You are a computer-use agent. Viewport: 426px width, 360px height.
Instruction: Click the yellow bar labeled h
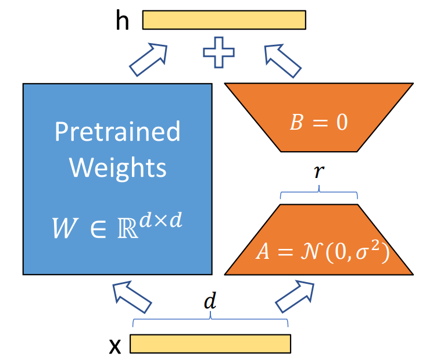[x=224, y=20]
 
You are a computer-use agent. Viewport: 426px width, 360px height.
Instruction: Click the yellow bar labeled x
[x=210, y=344]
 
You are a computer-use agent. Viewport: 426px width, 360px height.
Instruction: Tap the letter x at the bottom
[x=116, y=345]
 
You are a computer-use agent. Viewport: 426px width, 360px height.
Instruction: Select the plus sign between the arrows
[x=219, y=52]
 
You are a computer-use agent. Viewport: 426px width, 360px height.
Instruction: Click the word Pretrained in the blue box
[x=117, y=132]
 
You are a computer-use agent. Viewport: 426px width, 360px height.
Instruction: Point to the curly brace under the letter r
[x=318, y=195]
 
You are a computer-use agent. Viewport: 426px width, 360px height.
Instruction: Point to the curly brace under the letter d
[x=210, y=322]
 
